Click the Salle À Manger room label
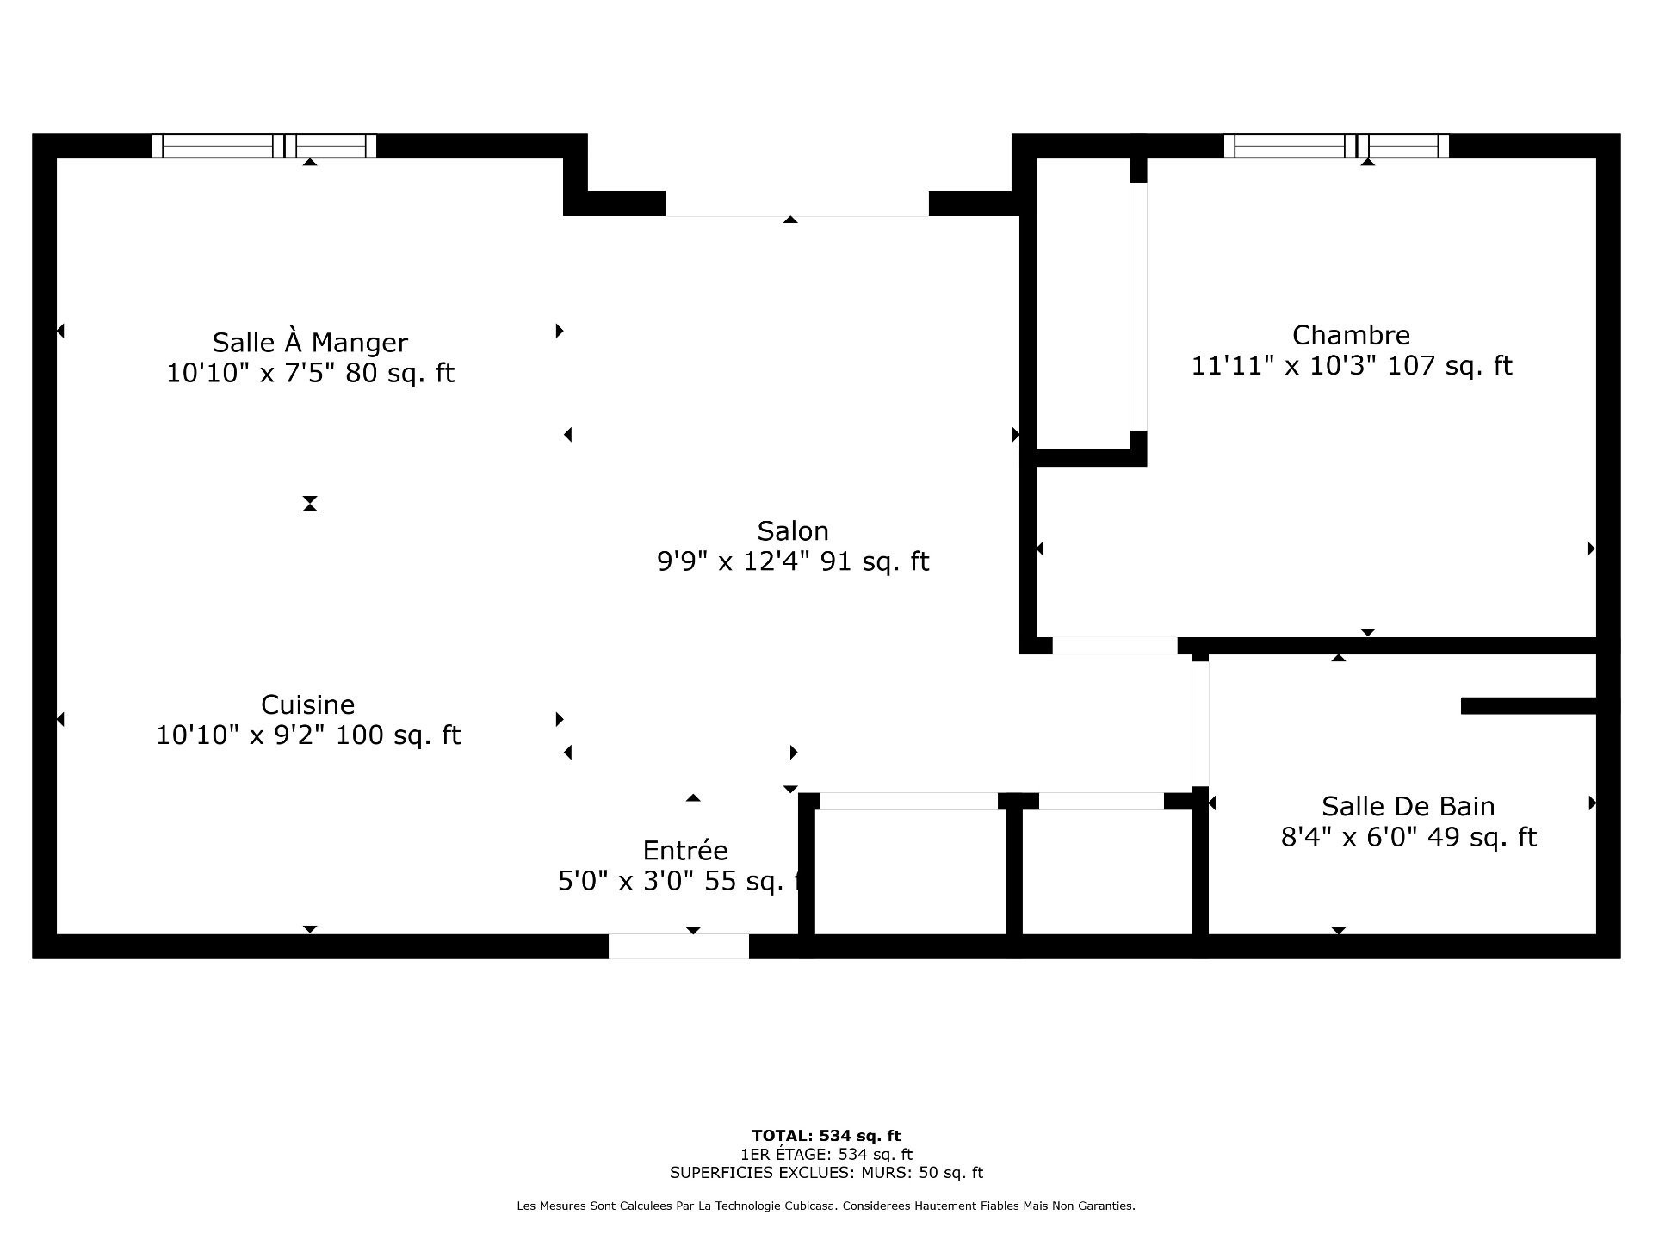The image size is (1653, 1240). point(310,342)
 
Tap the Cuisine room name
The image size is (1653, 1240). point(308,704)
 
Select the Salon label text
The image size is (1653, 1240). point(793,530)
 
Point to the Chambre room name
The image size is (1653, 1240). point(1351,335)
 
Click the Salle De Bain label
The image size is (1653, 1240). point(1408,806)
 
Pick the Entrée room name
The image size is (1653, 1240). point(685,850)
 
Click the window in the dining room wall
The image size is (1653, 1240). point(264,146)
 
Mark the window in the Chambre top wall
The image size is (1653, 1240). point(1336,146)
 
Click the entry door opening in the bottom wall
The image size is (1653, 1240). point(678,946)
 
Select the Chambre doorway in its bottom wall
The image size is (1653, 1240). point(1115,646)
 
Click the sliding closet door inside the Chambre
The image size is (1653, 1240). point(1138,307)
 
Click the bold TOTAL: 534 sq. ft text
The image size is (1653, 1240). point(826,1136)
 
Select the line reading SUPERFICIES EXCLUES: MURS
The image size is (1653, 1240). point(826,1173)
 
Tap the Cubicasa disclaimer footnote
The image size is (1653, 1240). point(826,1206)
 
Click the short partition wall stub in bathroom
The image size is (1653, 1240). point(1529,706)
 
